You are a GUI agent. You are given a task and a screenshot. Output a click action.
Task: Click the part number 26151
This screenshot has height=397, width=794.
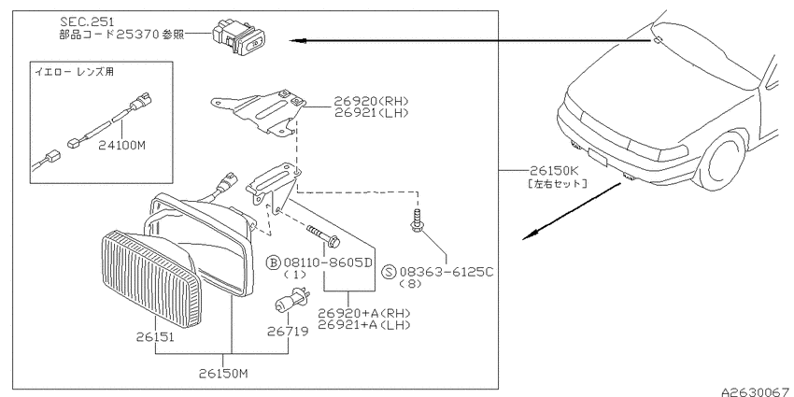(155, 336)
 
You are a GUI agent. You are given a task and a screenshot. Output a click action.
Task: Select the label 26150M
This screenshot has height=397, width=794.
(223, 374)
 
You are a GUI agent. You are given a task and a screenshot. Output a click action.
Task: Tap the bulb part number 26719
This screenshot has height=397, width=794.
(288, 332)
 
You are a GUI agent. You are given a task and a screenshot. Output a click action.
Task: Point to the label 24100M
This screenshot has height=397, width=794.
(122, 146)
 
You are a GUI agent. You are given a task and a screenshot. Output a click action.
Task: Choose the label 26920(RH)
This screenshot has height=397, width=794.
(371, 101)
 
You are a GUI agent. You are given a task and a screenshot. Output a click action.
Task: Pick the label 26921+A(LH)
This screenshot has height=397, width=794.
(364, 324)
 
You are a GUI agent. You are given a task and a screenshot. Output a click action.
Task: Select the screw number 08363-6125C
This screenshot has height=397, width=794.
(447, 272)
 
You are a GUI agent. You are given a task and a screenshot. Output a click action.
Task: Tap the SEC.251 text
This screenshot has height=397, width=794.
(87, 21)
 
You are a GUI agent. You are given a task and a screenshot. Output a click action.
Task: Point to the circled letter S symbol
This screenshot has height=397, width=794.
(389, 272)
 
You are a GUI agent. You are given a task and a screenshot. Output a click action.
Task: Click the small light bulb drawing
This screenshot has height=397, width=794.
(291, 300)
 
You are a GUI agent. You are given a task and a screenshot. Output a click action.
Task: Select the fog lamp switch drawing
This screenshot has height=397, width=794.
(238, 35)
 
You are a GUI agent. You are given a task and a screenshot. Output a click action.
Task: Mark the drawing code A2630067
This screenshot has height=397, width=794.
(758, 392)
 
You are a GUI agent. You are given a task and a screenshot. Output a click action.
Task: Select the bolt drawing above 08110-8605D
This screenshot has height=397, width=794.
(323, 236)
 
